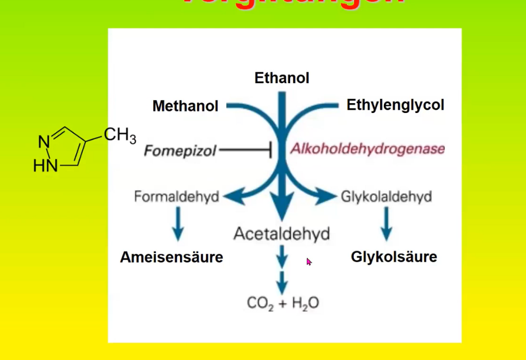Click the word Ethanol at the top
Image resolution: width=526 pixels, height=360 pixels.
(281, 78)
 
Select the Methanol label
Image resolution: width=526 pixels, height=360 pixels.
(185, 106)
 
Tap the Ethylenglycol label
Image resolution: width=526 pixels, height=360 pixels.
(395, 105)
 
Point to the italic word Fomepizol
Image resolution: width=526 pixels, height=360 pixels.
(180, 150)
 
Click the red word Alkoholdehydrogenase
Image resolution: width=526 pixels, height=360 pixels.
(367, 149)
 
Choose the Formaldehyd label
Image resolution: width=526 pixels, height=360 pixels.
(176, 196)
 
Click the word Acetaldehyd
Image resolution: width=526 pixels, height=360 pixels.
(281, 234)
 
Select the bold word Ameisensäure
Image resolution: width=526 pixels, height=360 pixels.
(171, 257)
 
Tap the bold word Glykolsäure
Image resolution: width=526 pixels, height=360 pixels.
(394, 257)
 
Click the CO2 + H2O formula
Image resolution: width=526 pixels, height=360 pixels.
(283, 303)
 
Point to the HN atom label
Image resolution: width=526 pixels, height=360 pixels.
(45, 165)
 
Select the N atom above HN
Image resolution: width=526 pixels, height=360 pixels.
(44, 142)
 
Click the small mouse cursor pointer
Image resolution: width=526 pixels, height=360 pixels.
(309, 261)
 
